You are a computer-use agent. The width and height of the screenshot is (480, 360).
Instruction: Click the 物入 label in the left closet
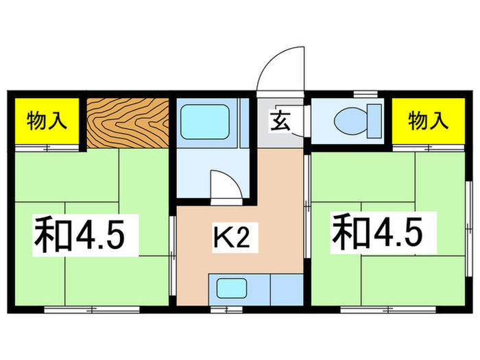[47, 121]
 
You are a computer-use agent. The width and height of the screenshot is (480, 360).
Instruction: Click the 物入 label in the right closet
[428, 121]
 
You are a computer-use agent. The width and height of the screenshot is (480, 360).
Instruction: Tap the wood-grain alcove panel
[128, 122]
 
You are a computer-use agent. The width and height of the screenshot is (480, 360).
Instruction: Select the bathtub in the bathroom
[204, 122]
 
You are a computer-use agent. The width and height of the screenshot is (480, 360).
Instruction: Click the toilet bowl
[349, 121]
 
